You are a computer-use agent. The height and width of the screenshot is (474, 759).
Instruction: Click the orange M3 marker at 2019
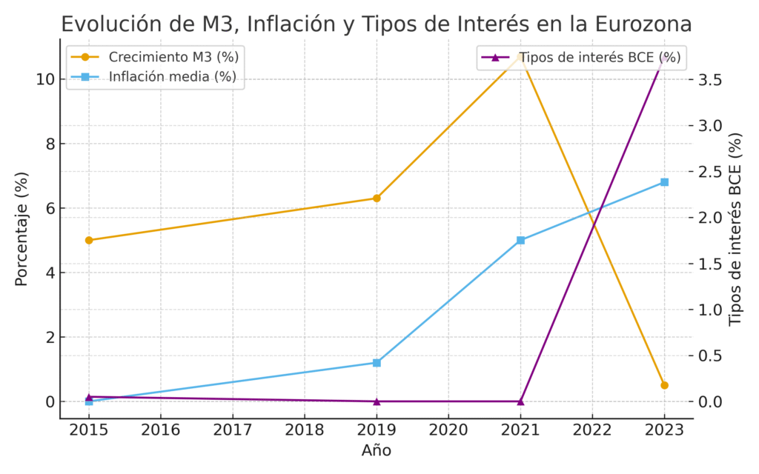(377, 198)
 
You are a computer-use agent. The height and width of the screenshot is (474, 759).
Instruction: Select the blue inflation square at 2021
(520, 240)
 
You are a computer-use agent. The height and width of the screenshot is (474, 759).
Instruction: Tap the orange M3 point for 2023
(664, 385)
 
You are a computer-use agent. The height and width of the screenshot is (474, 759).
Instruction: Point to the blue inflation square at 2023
(664, 182)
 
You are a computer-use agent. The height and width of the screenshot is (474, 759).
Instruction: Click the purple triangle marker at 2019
(377, 401)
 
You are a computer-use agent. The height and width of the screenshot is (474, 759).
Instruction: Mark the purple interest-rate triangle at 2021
(520, 401)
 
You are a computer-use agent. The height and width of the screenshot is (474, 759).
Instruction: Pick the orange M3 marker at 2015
(89, 240)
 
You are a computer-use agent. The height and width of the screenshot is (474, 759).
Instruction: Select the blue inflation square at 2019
(377, 363)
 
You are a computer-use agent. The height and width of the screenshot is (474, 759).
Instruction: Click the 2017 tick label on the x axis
(233, 430)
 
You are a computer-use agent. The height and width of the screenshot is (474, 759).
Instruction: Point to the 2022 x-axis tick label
(592, 430)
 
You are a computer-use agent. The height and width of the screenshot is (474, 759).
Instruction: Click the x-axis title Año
(376, 450)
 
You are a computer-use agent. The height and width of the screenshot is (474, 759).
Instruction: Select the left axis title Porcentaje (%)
(22, 230)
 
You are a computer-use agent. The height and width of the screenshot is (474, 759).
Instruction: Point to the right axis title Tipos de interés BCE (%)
(735, 230)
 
